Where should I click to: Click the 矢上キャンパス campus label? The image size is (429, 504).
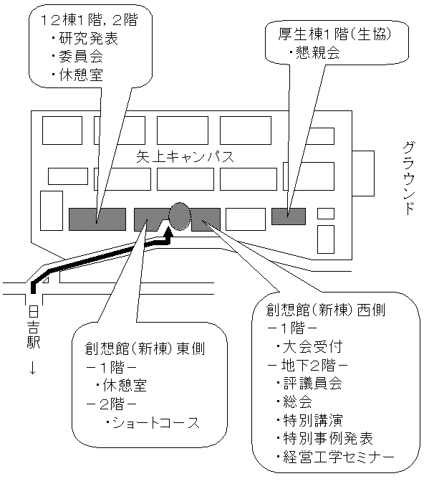185,157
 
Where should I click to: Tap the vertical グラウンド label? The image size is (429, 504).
409,178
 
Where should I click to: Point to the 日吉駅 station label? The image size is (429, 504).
34,327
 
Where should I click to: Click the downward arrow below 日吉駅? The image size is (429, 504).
32,367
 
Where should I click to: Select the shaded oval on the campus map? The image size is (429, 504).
180,217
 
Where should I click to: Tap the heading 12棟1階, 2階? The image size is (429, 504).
90,20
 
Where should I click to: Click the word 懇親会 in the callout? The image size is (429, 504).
318,52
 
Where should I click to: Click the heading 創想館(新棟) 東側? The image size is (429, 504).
145,348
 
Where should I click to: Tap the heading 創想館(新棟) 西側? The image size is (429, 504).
326,310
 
